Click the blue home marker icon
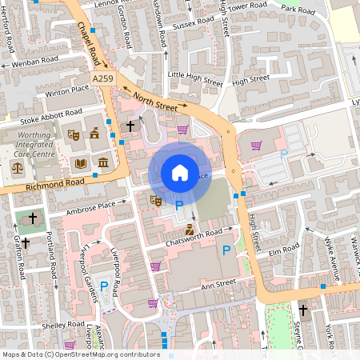tap(180, 172)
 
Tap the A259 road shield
tap(102, 78)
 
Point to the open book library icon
tap(80, 163)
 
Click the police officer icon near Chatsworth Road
tap(189, 230)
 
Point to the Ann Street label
tap(218, 282)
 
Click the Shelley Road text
tap(63, 325)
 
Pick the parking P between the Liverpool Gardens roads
tap(104, 284)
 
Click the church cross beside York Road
tap(303, 310)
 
